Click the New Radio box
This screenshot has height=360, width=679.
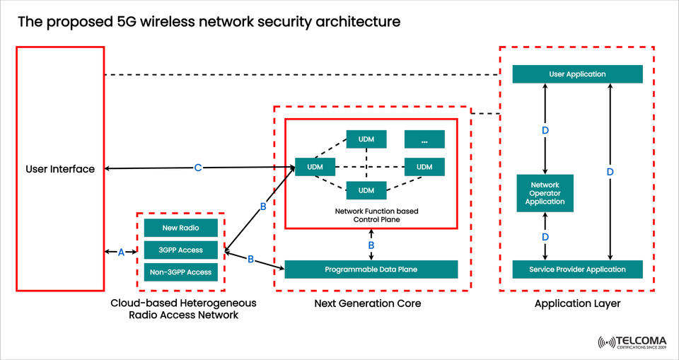tap(180, 228)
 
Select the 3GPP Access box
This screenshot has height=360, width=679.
tap(180, 250)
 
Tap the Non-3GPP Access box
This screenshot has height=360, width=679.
tap(180, 272)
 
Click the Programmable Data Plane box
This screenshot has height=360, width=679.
tap(371, 269)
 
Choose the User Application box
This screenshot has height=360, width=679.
tap(577, 74)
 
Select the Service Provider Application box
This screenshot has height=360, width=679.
tap(577, 269)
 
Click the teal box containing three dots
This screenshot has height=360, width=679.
tap(424, 139)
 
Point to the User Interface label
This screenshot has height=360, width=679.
tap(60, 169)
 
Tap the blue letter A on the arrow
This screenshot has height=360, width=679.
tap(121, 252)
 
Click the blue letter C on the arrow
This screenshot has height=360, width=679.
tap(198, 168)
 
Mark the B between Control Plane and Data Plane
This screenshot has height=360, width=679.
tap(371, 245)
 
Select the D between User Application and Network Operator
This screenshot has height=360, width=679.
tap(545, 131)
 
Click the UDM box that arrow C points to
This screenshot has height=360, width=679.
tap(309, 167)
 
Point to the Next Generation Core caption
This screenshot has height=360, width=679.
tap(368, 303)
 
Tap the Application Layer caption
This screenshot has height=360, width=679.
tap(576, 303)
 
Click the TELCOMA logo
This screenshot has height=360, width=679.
tap(634, 343)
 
